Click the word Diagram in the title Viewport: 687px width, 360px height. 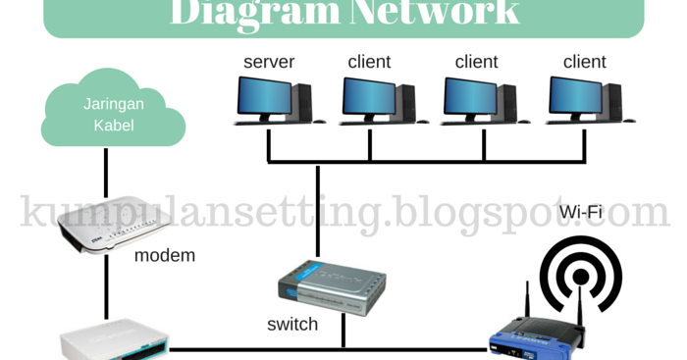coord(254,12)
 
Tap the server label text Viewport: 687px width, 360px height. coord(269,62)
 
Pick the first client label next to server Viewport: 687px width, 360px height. coord(369,62)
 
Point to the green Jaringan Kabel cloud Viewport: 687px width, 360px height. coord(113,114)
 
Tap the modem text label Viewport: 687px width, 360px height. coord(165,256)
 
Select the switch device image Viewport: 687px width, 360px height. coord(331,283)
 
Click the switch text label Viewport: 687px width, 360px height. coord(292,324)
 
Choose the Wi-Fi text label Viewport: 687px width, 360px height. coord(580,212)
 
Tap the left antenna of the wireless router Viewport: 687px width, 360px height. coord(527,303)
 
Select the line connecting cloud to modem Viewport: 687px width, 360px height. coord(105,177)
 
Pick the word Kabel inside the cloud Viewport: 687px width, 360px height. coord(113,125)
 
